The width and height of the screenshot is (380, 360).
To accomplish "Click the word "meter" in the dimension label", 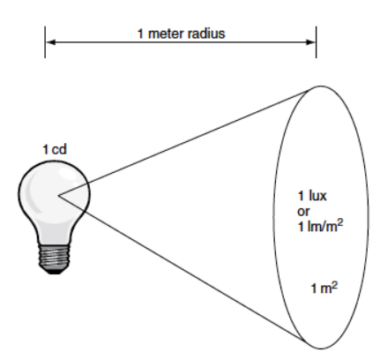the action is (167, 34).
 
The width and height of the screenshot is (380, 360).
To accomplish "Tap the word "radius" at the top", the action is (206, 34).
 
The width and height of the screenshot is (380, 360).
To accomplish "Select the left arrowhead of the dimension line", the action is (51, 42).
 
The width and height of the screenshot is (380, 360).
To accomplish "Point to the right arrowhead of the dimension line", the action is (310, 42).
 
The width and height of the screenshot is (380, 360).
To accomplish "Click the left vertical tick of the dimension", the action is (45, 42).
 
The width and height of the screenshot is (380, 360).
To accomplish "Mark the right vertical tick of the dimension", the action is (317, 42).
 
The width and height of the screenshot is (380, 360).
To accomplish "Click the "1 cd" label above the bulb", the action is (55, 149).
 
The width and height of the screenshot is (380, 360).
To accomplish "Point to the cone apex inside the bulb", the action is (58, 195).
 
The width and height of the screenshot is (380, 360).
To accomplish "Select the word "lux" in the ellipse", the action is (317, 196).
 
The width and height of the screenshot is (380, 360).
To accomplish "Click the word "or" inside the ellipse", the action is (303, 212).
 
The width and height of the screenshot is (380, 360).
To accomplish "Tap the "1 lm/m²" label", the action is (320, 226).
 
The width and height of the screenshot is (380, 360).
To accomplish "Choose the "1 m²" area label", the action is (324, 288).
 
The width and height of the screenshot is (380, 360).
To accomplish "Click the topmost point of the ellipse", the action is (320, 86).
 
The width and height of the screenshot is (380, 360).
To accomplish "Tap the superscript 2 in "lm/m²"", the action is (340, 222).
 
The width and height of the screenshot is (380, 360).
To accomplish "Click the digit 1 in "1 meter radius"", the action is (140, 34).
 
